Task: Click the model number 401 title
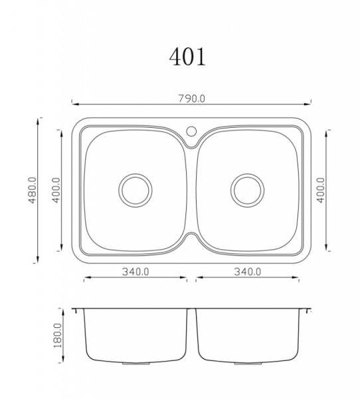point(187,57)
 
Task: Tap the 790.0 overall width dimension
point(191,98)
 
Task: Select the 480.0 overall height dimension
point(33,190)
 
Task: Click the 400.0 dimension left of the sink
point(56,190)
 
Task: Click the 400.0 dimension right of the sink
point(321,190)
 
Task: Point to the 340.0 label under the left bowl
point(135,272)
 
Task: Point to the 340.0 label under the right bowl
point(247,272)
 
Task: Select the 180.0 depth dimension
point(58,335)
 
